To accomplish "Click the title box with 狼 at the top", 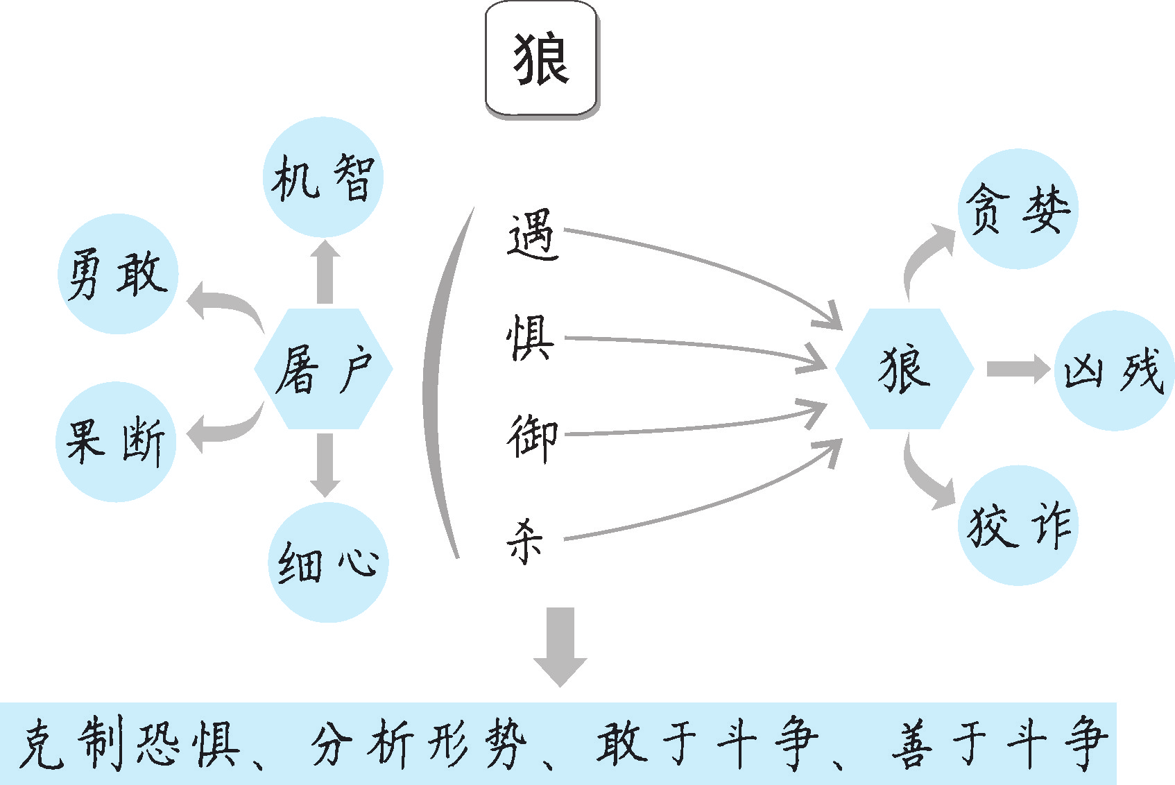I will tap(541, 59).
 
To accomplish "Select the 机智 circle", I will tap(323, 178).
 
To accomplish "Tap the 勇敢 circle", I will tap(118, 274).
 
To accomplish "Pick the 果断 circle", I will tap(116, 442).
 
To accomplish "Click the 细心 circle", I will tap(328, 562).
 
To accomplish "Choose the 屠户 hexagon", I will tap(323, 369).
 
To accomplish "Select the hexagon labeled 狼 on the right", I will tap(904, 369).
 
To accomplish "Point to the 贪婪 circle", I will tap(1018, 209).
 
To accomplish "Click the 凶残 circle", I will tap(1114, 370).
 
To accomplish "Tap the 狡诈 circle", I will tap(1018, 526).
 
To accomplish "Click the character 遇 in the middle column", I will tap(532, 236).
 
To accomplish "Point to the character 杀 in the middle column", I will tap(525, 541).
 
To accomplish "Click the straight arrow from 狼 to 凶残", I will tap(1016, 369).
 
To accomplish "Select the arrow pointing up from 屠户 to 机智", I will tap(325, 273).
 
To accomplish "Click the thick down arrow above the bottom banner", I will tap(560, 645).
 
